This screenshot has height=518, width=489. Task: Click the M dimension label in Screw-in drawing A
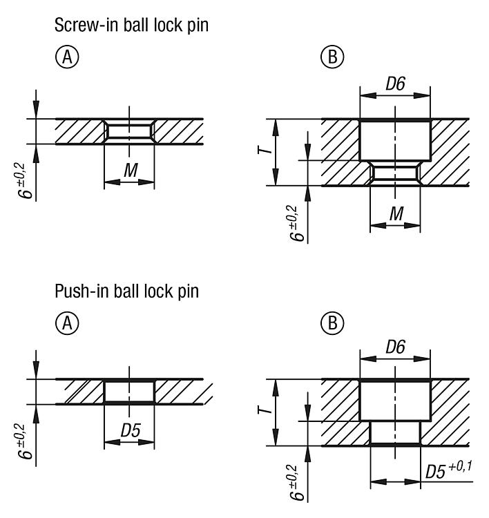click(x=129, y=170)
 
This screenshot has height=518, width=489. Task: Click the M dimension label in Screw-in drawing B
click(x=396, y=215)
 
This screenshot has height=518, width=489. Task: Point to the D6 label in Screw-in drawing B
click(x=395, y=84)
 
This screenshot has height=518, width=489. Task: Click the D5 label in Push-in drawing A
click(x=130, y=430)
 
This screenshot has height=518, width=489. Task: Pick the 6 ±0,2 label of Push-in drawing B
click(x=298, y=483)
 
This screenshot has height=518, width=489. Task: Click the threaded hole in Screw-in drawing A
click(x=129, y=131)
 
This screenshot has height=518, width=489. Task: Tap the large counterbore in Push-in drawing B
click(x=395, y=401)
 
